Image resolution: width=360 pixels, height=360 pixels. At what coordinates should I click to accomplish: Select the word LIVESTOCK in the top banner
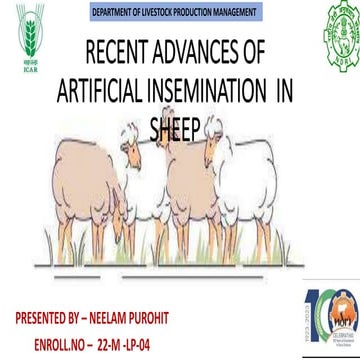pos(160,11)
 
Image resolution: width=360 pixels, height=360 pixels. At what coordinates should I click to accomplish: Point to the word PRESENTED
pos(45,318)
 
